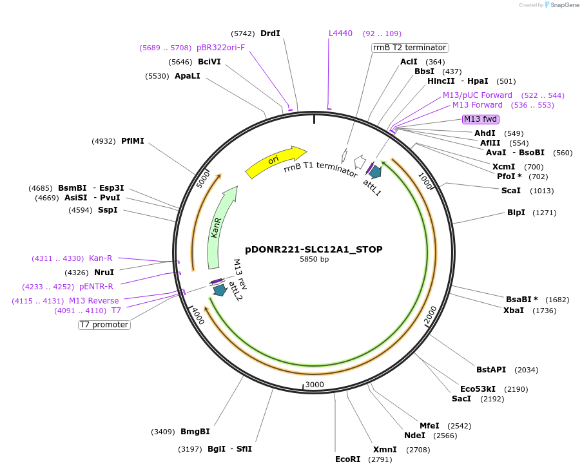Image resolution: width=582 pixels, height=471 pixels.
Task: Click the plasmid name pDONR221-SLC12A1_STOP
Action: [314, 249]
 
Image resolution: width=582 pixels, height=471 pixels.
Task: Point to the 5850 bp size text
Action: [314, 260]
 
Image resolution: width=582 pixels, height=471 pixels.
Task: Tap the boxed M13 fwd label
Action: [481, 119]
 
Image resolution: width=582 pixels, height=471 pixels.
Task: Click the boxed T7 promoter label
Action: [104, 325]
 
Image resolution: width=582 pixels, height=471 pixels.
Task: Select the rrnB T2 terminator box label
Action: [410, 48]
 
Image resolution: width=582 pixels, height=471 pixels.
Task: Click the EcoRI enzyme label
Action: [348, 459]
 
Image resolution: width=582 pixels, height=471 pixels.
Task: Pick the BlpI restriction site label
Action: [516, 213]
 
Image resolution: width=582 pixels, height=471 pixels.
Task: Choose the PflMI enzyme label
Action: [133, 141]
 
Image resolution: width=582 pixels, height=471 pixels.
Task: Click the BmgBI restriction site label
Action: [195, 432]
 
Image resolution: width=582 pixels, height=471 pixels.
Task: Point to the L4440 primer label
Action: [340, 34]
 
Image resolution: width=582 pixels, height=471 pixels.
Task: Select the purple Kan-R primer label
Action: [101, 258]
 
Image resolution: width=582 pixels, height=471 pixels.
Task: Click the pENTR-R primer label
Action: [96, 287]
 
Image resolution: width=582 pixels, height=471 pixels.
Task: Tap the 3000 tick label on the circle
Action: [315, 385]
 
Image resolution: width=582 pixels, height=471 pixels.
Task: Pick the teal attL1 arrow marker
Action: [374, 171]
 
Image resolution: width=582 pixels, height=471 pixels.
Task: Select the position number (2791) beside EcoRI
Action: [380, 459]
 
